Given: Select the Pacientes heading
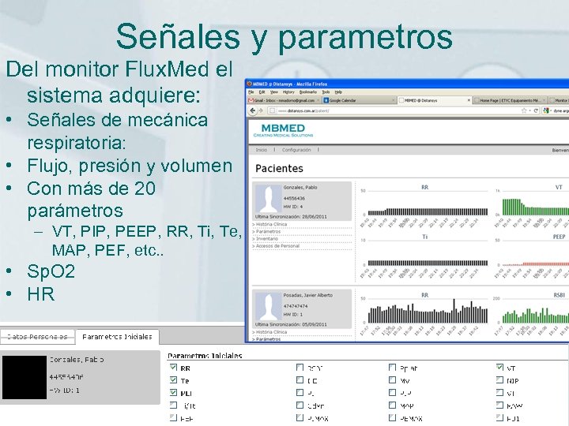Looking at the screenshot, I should [x=279, y=168].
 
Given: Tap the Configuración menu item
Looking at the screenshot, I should [x=296, y=150].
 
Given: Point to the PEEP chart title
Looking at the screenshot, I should [x=559, y=237].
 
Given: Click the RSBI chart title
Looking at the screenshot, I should [x=558, y=296].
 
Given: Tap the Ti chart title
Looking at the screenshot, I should [x=424, y=237].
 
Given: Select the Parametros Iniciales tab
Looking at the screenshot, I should [x=117, y=337].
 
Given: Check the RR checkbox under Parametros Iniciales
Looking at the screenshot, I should [x=174, y=368].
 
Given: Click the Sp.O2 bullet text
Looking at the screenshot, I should [x=51, y=272].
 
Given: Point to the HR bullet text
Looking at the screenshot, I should [x=40, y=294].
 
